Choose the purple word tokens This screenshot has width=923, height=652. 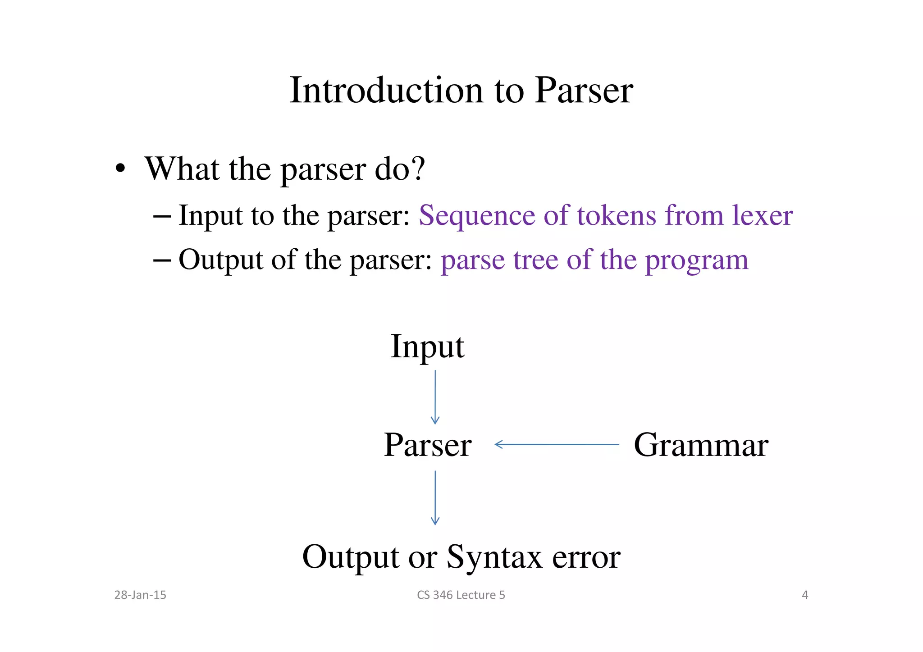(x=617, y=215)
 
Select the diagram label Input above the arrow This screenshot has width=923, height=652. (x=427, y=347)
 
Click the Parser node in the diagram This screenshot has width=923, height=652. (x=427, y=445)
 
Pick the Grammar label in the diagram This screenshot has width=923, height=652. (x=701, y=445)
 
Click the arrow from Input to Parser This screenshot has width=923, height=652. (x=435, y=397)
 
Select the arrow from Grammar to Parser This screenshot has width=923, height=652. (x=557, y=445)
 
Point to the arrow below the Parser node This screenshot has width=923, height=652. (x=435, y=497)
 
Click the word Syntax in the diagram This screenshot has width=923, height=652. (x=494, y=557)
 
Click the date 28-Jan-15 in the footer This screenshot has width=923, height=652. (x=140, y=595)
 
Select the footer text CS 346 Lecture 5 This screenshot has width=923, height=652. (x=461, y=595)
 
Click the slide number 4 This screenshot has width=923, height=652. (x=805, y=595)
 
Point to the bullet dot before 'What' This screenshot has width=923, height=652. (x=120, y=169)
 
